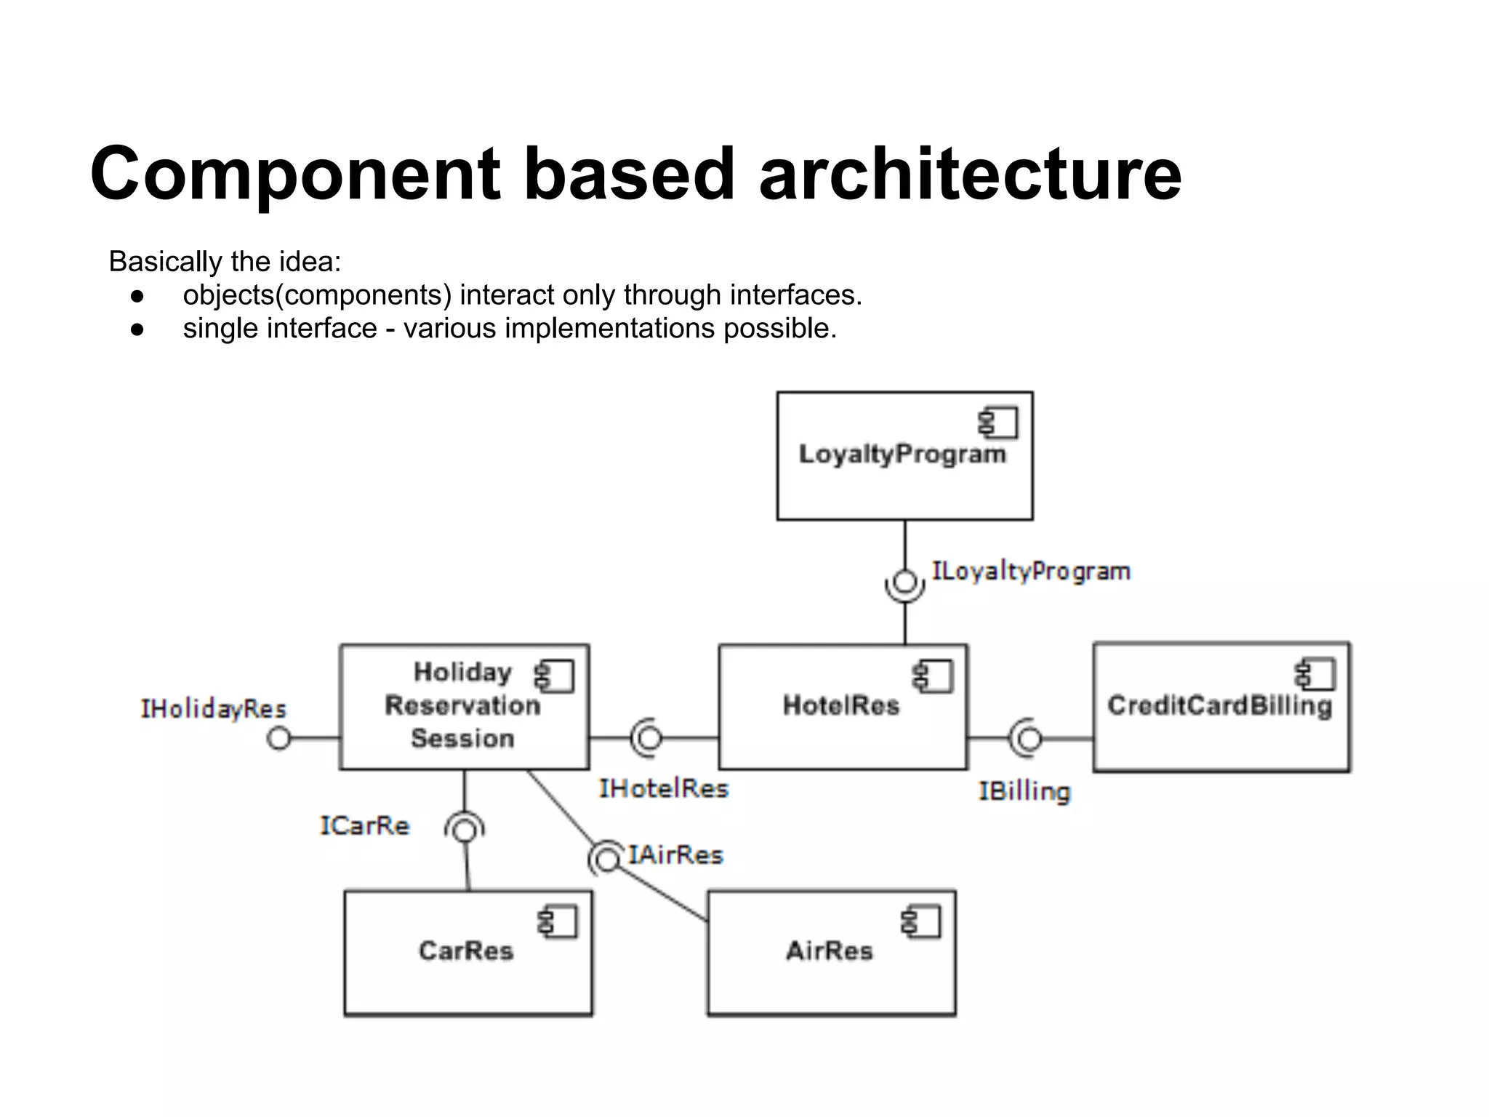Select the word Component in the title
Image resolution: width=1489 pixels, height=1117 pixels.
click(295, 175)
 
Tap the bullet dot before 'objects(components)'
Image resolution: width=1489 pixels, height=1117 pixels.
click(137, 296)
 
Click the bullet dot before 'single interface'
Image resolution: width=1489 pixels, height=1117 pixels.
click(137, 329)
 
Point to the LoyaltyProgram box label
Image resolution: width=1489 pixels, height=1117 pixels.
click(902, 454)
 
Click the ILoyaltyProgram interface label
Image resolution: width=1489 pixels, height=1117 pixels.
click(1031, 572)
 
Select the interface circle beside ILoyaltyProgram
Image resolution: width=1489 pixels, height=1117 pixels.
click(905, 582)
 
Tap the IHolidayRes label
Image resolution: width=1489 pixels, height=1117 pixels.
click(213, 708)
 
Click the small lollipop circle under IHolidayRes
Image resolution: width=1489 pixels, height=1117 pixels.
click(278, 738)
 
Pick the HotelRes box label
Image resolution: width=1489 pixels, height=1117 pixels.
click(840, 705)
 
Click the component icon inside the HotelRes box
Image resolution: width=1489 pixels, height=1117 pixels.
click(934, 676)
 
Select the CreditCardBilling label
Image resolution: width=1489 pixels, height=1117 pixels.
click(1219, 705)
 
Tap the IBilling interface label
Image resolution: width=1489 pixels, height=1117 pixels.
click(1024, 791)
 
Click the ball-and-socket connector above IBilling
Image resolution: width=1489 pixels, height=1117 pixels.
click(1027, 739)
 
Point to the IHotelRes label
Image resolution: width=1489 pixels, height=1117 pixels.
click(662, 788)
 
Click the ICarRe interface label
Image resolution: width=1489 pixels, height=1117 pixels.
click(364, 826)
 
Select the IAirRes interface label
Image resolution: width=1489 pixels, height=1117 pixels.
click(675, 855)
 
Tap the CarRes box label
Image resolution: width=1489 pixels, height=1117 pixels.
click(466, 950)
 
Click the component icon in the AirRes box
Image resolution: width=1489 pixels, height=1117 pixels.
click(921, 922)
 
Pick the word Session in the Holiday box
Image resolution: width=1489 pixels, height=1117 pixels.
click(462, 739)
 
